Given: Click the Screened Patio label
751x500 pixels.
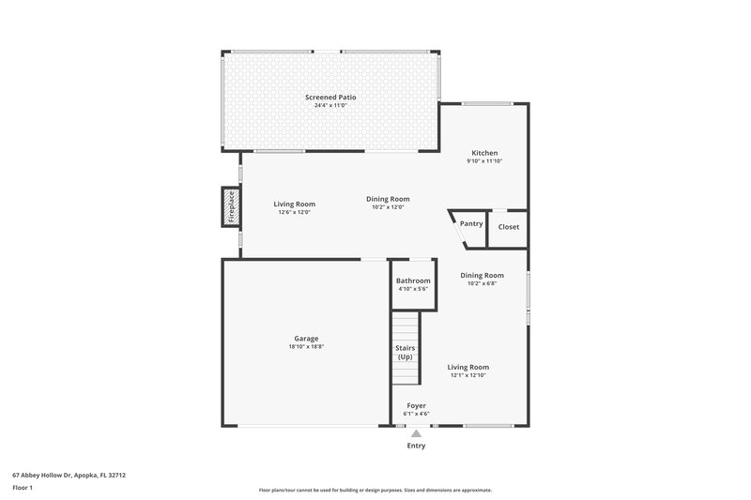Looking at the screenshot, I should pos(330,97).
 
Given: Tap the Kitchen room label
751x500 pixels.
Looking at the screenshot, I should pos(484,153).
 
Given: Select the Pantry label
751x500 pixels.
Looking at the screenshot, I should pos(470,223).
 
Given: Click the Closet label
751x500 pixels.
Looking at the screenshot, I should pos(508,227).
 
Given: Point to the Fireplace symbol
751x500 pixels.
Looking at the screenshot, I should pos(230,206).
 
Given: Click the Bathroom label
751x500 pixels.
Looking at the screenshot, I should pos(413,280).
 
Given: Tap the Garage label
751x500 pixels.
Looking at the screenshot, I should pos(306,339).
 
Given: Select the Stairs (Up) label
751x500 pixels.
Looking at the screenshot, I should pos(405,353).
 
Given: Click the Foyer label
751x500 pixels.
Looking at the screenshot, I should pos(416,406).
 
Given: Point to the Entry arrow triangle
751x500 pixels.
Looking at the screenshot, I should pos(417,433).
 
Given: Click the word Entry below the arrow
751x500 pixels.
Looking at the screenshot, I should pos(416,446).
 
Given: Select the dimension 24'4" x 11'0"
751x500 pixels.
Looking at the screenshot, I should pos(330,105).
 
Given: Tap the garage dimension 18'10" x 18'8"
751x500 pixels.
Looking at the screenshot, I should pos(306,347).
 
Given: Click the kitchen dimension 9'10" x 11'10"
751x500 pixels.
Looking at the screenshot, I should pos(484,161).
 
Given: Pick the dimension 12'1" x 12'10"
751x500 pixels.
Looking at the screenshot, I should pos(467,375).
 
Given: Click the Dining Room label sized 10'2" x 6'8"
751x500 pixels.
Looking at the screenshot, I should pos(482,276).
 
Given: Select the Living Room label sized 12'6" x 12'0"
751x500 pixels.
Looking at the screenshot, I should pos(294,205).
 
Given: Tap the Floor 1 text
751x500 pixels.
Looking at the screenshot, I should pos(23,488).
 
